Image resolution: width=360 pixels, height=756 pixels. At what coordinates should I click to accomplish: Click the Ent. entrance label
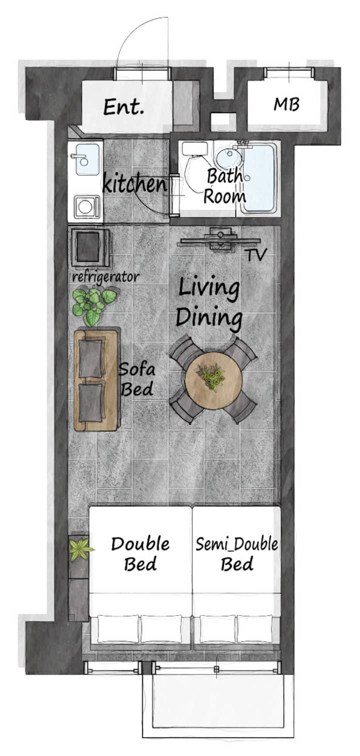click(x=123, y=107)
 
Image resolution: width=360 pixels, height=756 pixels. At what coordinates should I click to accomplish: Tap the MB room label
click(x=286, y=104)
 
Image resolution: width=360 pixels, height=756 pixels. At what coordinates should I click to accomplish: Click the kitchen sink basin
click(x=87, y=159)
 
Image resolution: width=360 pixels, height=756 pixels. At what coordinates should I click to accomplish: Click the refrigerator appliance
click(x=90, y=247)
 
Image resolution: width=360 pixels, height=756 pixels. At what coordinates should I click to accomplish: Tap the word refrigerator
click(x=105, y=277)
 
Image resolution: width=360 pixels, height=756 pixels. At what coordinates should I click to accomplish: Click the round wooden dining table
click(x=213, y=380)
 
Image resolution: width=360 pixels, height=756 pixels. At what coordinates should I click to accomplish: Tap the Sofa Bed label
click(x=137, y=379)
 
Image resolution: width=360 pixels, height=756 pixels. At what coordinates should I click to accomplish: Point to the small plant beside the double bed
click(x=80, y=549)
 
